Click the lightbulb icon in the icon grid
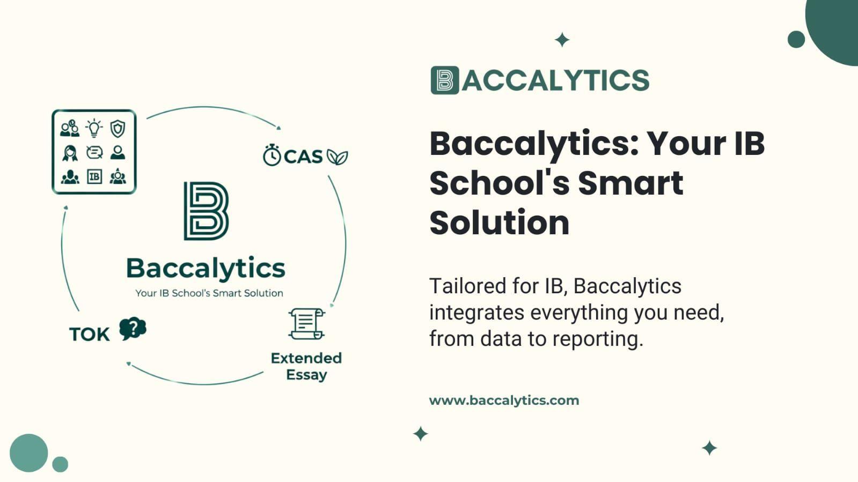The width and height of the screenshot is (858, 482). [94, 128]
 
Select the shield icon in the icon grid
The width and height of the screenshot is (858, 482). [118, 129]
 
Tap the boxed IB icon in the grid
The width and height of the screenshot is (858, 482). [94, 176]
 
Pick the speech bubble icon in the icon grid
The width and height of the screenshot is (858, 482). [94, 153]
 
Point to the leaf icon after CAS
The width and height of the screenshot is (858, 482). [338, 157]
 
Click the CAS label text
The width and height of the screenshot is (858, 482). [303, 157]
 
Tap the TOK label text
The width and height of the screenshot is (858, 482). [89, 334]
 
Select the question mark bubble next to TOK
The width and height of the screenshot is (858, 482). [133, 328]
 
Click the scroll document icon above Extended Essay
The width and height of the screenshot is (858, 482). [306, 323]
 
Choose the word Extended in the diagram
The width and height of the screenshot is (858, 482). [306, 358]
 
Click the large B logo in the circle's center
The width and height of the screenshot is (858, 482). [206, 211]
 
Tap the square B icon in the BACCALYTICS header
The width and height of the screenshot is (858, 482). [445, 80]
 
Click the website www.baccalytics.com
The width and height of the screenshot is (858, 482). [504, 400]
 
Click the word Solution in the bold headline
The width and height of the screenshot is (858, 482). [499, 223]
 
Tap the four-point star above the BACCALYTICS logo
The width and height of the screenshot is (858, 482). [562, 40]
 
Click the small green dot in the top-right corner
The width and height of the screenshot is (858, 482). [796, 39]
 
